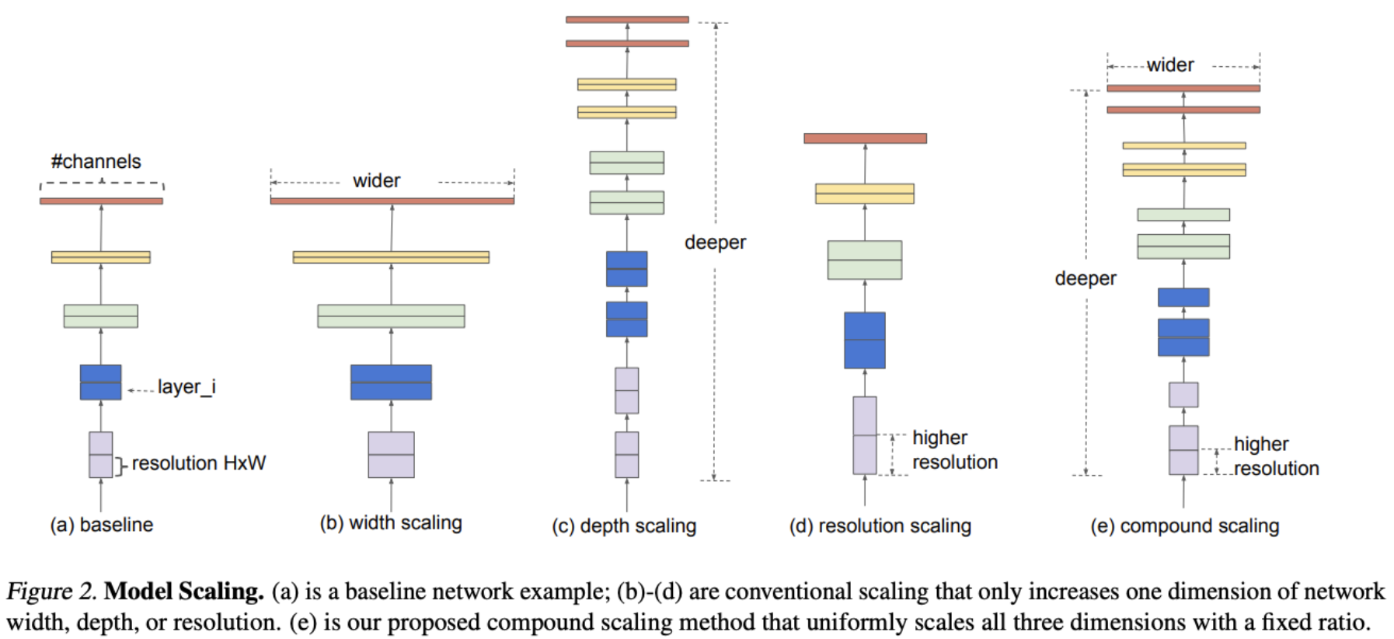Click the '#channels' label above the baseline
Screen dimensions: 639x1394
(x=96, y=162)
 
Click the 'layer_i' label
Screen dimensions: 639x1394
(x=186, y=386)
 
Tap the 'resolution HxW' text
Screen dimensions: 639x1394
(x=198, y=463)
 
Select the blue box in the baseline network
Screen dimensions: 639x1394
(x=100, y=382)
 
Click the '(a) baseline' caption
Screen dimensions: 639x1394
(x=101, y=525)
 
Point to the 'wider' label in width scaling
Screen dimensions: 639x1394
(x=376, y=181)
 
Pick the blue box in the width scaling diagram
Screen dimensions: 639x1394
(x=391, y=382)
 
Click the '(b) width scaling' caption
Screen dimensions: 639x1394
(x=391, y=523)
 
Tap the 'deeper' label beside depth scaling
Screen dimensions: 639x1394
(x=715, y=243)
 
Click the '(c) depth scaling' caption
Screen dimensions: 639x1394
(x=624, y=526)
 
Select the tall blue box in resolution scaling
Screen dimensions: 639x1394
(x=864, y=340)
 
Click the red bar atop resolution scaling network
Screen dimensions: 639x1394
(x=865, y=138)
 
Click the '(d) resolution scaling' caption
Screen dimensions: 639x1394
(x=880, y=526)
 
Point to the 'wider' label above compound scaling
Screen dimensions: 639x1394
(x=1169, y=65)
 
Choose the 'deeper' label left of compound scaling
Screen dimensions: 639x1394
(x=1085, y=278)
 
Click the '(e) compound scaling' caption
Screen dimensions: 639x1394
(x=1184, y=526)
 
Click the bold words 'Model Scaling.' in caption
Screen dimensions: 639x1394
(x=184, y=592)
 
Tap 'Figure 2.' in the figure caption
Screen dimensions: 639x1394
(x=51, y=592)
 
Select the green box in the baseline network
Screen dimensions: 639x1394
(x=100, y=316)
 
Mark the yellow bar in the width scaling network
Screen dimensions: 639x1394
(x=391, y=257)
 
